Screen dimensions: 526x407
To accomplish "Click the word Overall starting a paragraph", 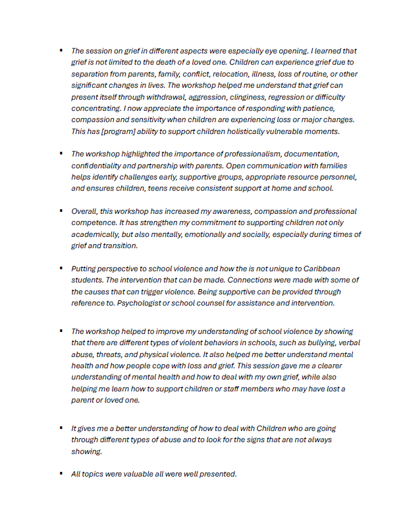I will coord(86,211).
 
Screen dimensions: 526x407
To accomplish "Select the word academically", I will coord(97,234).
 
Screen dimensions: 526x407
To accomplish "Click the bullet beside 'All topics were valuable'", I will coord(60,473).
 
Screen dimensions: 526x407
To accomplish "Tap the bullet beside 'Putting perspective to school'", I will coord(60,268).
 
